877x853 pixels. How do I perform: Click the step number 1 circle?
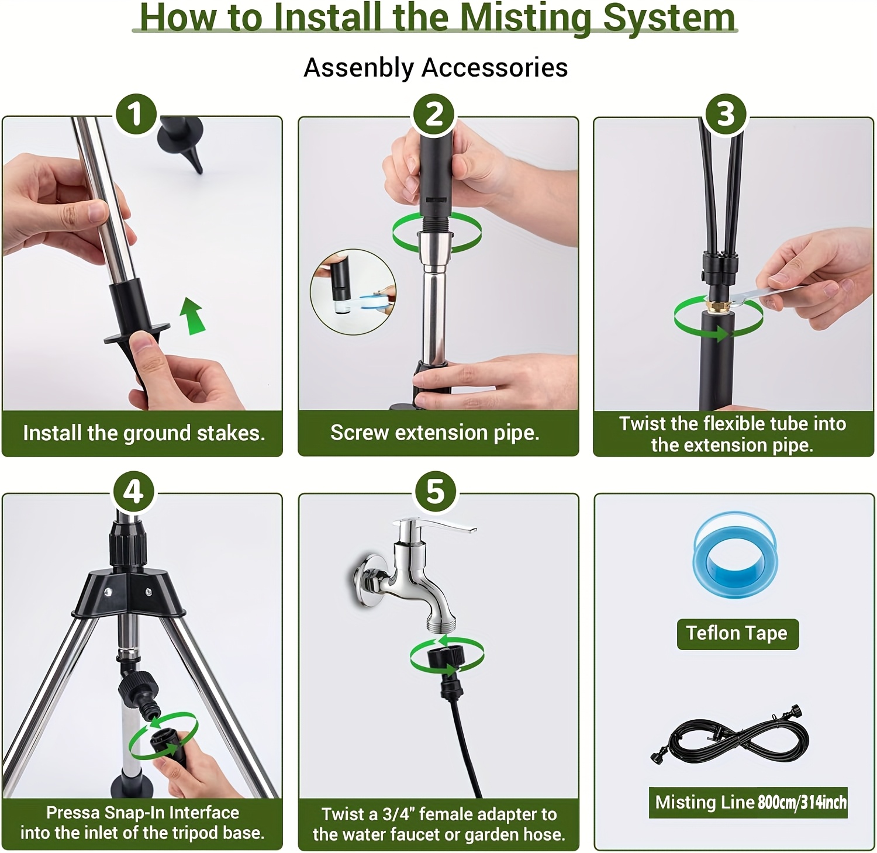click(136, 113)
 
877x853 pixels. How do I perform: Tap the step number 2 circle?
click(434, 113)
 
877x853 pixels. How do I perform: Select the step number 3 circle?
click(726, 113)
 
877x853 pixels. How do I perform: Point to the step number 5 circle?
click(435, 491)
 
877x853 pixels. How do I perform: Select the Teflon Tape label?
click(737, 633)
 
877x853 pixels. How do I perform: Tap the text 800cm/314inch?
click(802, 802)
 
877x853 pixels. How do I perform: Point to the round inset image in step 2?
click(353, 291)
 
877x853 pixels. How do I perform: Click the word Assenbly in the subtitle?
click(358, 68)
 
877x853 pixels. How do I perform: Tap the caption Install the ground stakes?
click(144, 433)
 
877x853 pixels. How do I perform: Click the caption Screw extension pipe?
click(434, 433)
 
